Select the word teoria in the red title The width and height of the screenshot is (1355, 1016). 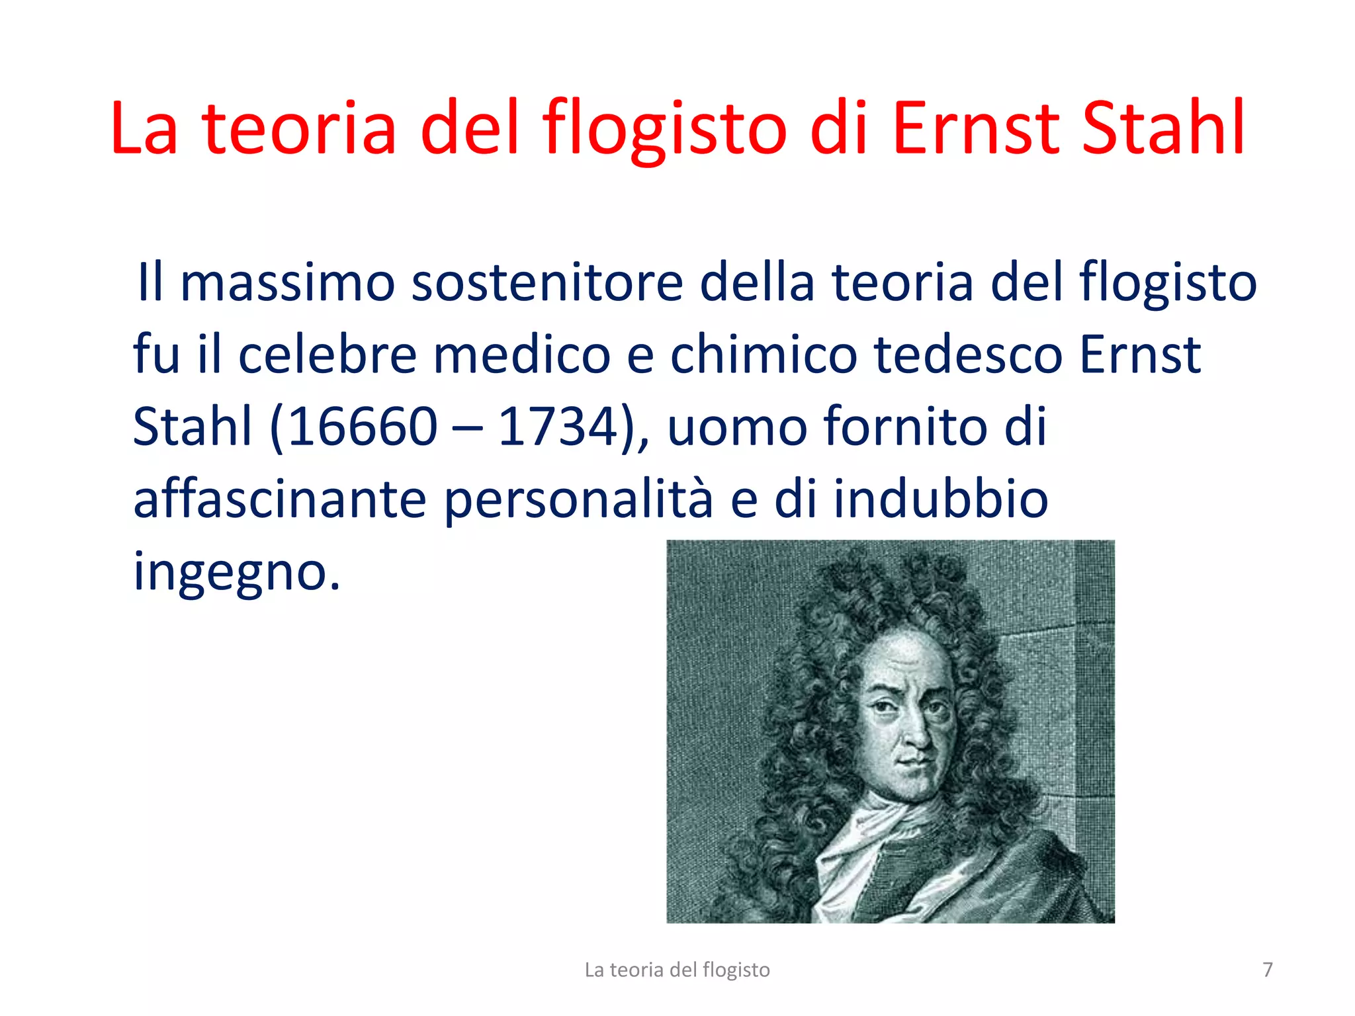tap(299, 128)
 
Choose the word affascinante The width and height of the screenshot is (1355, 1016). tap(280, 499)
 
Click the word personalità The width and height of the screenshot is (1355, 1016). tap(579, 500)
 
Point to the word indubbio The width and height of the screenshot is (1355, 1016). tap(940, 499)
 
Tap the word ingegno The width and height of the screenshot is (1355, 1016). tap(236, 573)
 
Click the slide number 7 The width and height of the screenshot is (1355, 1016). tap(1267, 970)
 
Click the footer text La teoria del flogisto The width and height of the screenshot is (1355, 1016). tap(677, 970)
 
